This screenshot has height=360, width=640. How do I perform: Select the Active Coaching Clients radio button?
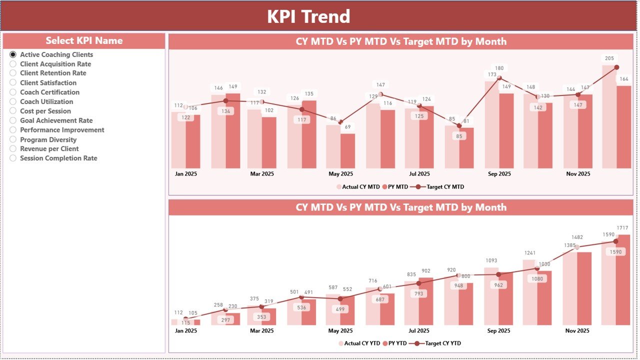pos(13,54)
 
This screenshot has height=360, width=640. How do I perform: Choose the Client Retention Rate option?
pos(13,73)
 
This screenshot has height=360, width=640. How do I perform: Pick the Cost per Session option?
pos(13,111)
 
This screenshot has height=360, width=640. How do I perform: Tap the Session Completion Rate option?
pos(13,158)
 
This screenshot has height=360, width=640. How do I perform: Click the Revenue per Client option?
pos(13,148)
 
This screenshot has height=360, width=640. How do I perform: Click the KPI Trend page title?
pos(308,16)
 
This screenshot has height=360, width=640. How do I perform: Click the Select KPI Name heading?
pos(84,40)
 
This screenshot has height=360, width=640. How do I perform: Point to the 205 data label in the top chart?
pos(609,58)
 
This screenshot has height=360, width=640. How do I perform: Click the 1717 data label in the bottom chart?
pos(623,228)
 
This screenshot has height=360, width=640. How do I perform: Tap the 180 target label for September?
pos(499,68)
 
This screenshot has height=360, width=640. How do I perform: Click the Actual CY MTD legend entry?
pos(357,187)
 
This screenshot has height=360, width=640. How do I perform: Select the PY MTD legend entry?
pos(398,187)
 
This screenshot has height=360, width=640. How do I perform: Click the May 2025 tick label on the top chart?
pos(340,174)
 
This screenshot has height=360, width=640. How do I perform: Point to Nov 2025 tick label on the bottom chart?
pos(577,330)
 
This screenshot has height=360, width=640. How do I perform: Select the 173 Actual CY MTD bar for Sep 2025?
pos(492,125)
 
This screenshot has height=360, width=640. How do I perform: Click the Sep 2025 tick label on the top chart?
pos(499,174)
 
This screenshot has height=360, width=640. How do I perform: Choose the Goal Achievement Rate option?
pos(13,120)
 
